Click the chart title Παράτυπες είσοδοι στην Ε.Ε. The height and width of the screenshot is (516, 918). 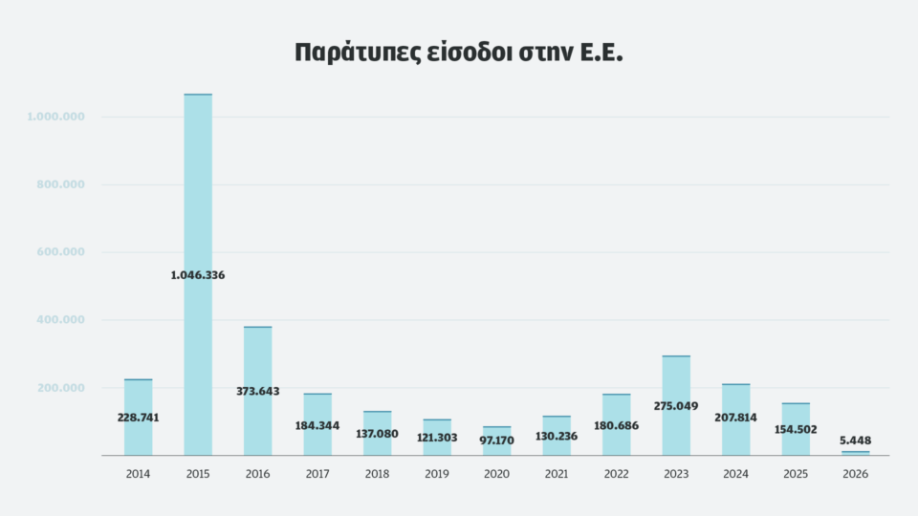coord(459,53)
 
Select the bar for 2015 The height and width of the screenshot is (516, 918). coord(198,191)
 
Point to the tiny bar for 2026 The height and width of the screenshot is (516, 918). coord(856,453)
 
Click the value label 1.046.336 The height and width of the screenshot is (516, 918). coord(198,275)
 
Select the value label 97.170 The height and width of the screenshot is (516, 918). coord(496,441)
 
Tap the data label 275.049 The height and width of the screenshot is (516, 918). coord(676,406)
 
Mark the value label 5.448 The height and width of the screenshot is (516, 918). coord(856,441)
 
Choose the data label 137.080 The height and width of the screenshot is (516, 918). coord(377,433)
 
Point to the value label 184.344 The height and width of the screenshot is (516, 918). coord(317,425)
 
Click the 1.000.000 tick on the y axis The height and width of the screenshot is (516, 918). coord(56,117)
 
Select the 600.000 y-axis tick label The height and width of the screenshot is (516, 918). coord(59,252)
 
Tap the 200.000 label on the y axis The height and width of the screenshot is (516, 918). coord(59,388)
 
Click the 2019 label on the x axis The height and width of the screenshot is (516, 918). coord(436,473)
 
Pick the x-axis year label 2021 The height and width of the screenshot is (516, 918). coord(556,473)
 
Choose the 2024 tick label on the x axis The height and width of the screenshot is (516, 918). coord(735,473)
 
